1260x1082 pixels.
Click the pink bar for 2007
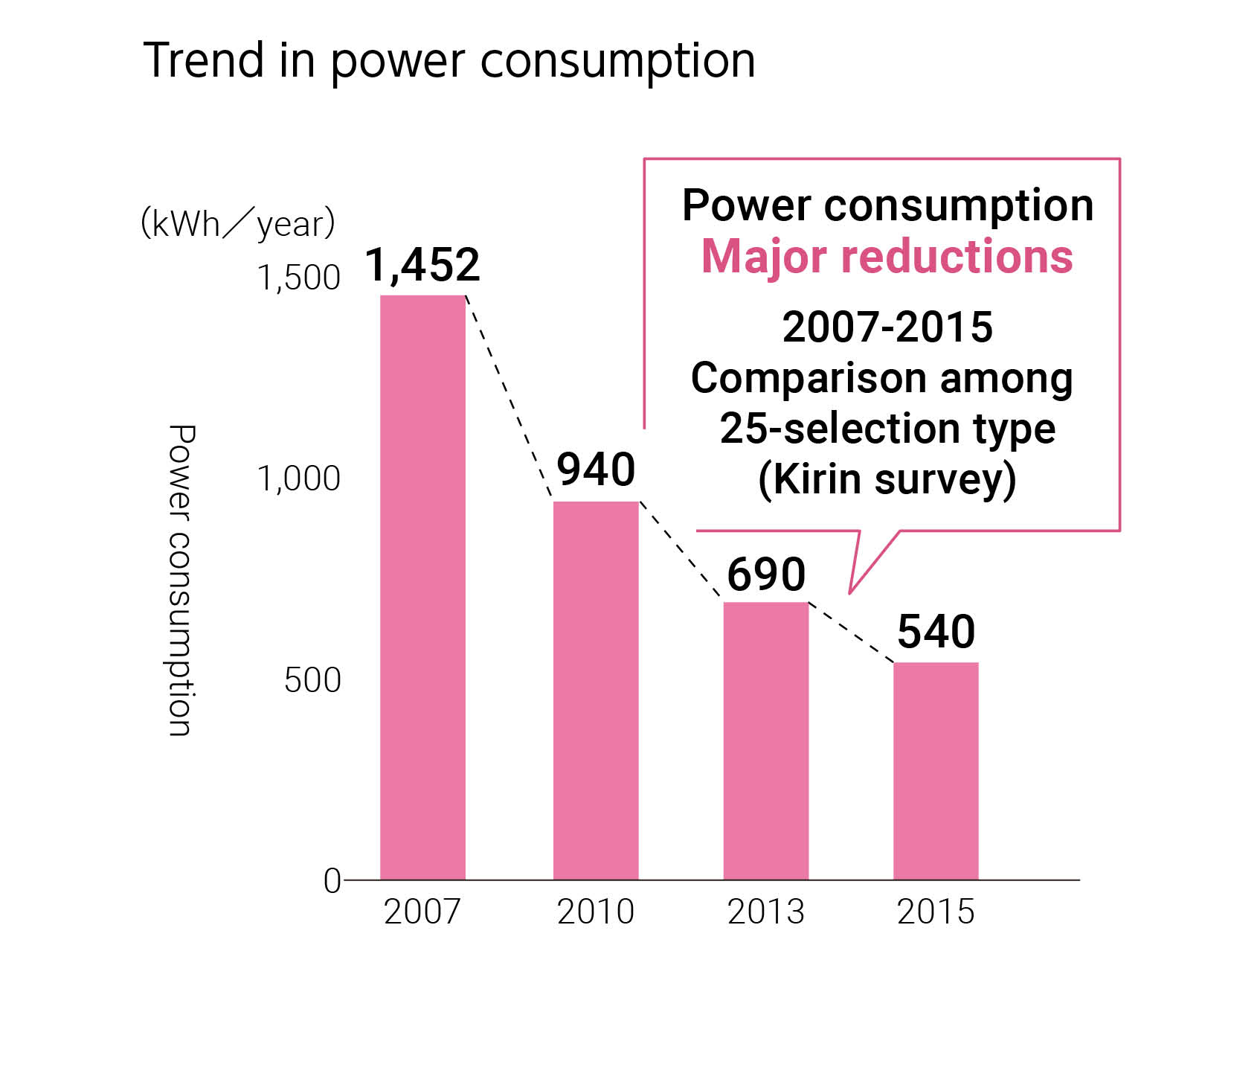tap(422, 587)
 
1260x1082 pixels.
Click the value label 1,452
tap(422, 265)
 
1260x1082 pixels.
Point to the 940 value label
tap(596, 470)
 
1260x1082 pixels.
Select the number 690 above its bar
tap(765, 574)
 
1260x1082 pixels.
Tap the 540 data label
tap(935, 632)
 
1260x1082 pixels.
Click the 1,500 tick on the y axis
tap(298, 278)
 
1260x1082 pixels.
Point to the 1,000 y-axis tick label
tap(298, 478)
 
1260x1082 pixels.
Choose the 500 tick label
tap(312, 680)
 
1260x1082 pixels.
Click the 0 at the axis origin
tap(332, 881)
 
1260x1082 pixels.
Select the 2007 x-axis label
tap(422, 912)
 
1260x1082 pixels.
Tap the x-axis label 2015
tap(935, 912)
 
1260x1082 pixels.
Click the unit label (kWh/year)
tap(238, 223)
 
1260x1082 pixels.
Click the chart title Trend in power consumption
tap(449, 60)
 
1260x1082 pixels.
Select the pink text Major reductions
tap(887, 257)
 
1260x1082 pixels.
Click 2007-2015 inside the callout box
tap(887, 327)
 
